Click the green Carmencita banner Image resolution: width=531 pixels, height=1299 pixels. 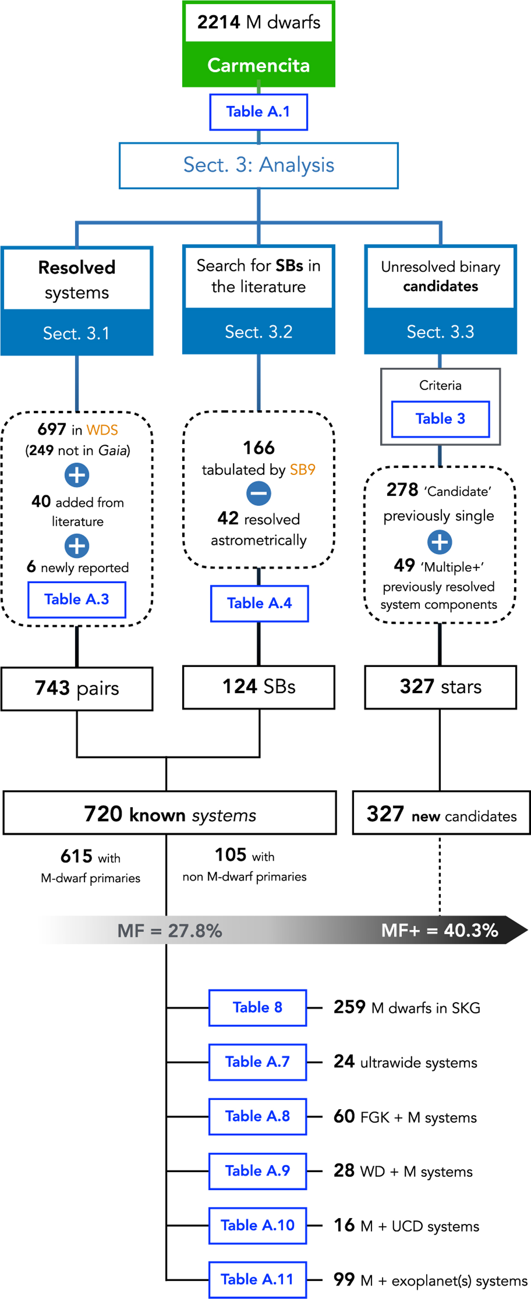[x=258, y=65]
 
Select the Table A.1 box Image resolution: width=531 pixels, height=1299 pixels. [x=258, y=112]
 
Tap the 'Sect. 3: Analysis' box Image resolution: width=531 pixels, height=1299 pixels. [x=258, y=165]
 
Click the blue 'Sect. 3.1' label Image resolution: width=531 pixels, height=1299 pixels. [x=77, y=333]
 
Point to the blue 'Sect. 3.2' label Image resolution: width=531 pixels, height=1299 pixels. [x=258, y=332]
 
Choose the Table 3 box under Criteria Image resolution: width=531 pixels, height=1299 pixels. [x=440, y=418]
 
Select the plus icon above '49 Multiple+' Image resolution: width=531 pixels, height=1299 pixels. [x=440, y=542]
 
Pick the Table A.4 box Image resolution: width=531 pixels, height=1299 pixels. [x=259, y=603]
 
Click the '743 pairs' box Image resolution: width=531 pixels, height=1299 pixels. [x=77, y=688]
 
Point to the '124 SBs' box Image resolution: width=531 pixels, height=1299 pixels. [x=259, y=687]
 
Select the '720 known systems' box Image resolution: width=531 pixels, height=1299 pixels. [x=169, y=812]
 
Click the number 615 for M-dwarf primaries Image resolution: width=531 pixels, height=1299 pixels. [x=76, y=856]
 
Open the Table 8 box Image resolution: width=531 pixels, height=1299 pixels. [x=258, y=1008]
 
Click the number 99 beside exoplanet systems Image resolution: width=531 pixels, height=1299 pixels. [x=344, y=1280]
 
